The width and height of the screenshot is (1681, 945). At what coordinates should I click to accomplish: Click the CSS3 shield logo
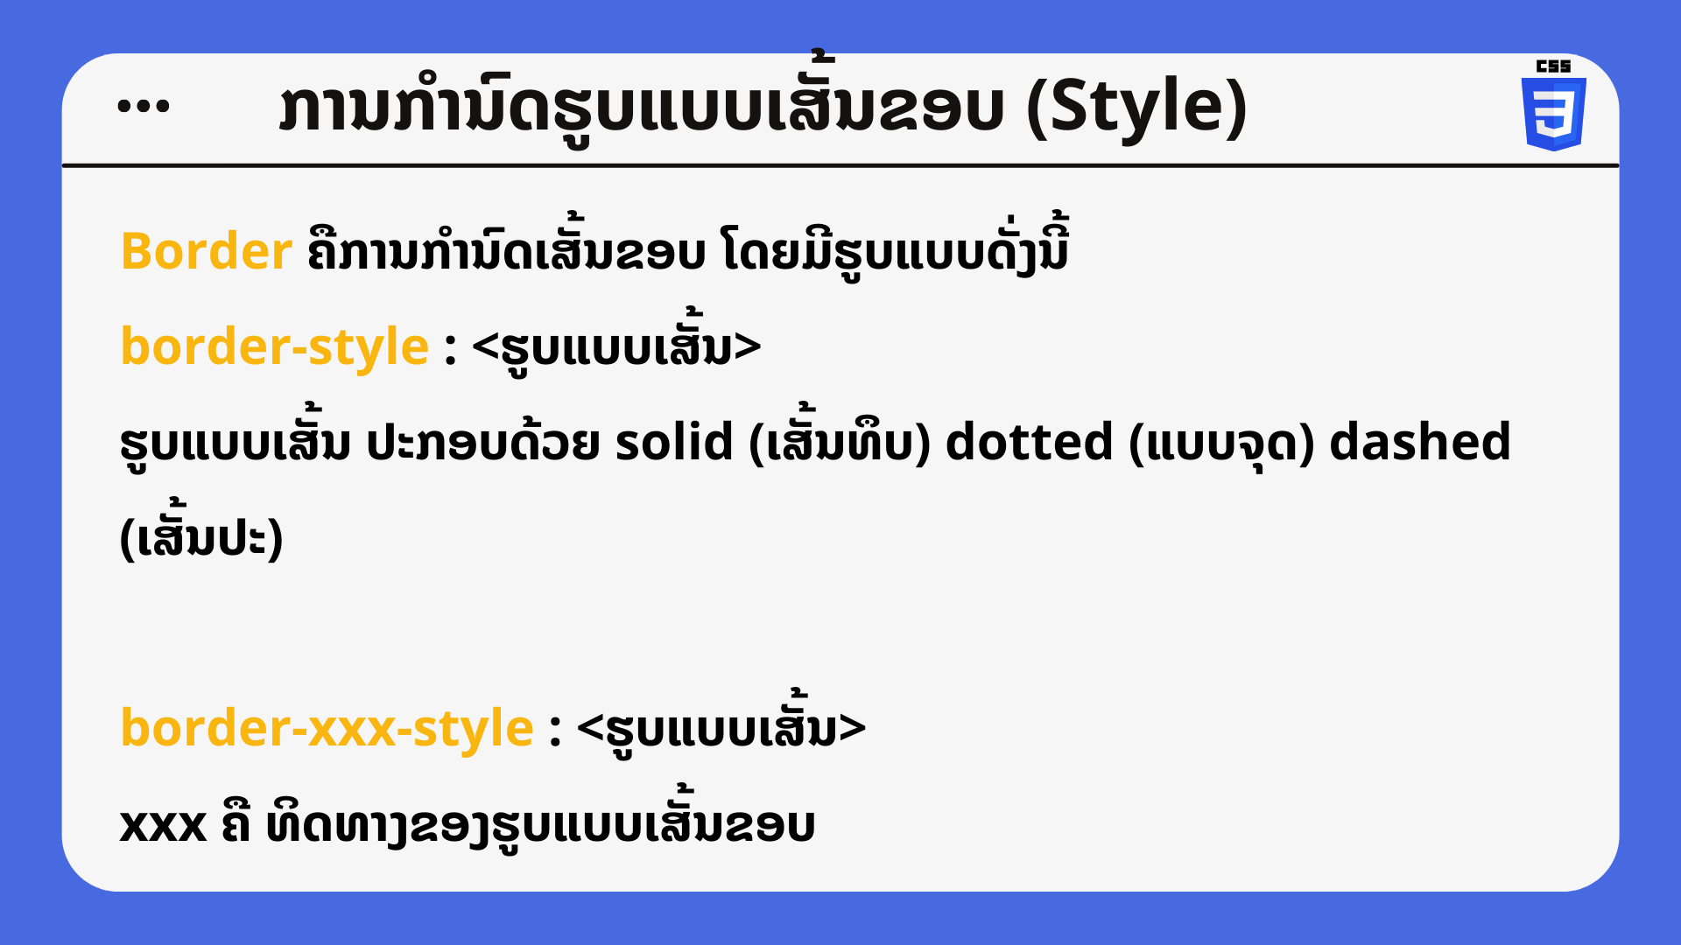pyautogui.click(x=1553, y=114)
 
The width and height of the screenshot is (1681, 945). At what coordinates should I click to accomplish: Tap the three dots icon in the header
pyautogui.click(x=144, y=106)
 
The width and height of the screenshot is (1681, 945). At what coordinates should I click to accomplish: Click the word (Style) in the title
pyautogui.click(x=1136, y=107)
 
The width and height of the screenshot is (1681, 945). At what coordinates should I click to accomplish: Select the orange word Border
pyautogui.click(x=207, y=251)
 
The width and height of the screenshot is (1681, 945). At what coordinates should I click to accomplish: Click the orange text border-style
pyautogui.click(x=275, y=347)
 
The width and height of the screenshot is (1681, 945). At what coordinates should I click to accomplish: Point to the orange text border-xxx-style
pyautogui.click(x=327, y=728)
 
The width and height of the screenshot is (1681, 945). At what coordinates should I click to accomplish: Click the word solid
pyautogui.click(x=674, y=441)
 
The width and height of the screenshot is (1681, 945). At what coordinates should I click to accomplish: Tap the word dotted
pyautogui.click(x=1029, y=441)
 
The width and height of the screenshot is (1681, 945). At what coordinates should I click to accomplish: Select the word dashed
pyautogui.click(x=1420, y=441)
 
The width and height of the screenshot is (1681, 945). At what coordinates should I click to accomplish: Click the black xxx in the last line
pyautogui.click(x=163, y=825)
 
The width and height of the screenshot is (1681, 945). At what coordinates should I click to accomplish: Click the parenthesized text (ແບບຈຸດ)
pyautogui.click(x=1221, y=443)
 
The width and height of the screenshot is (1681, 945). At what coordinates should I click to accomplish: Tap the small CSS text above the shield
pyautogui.click(x=1553, y=66)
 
